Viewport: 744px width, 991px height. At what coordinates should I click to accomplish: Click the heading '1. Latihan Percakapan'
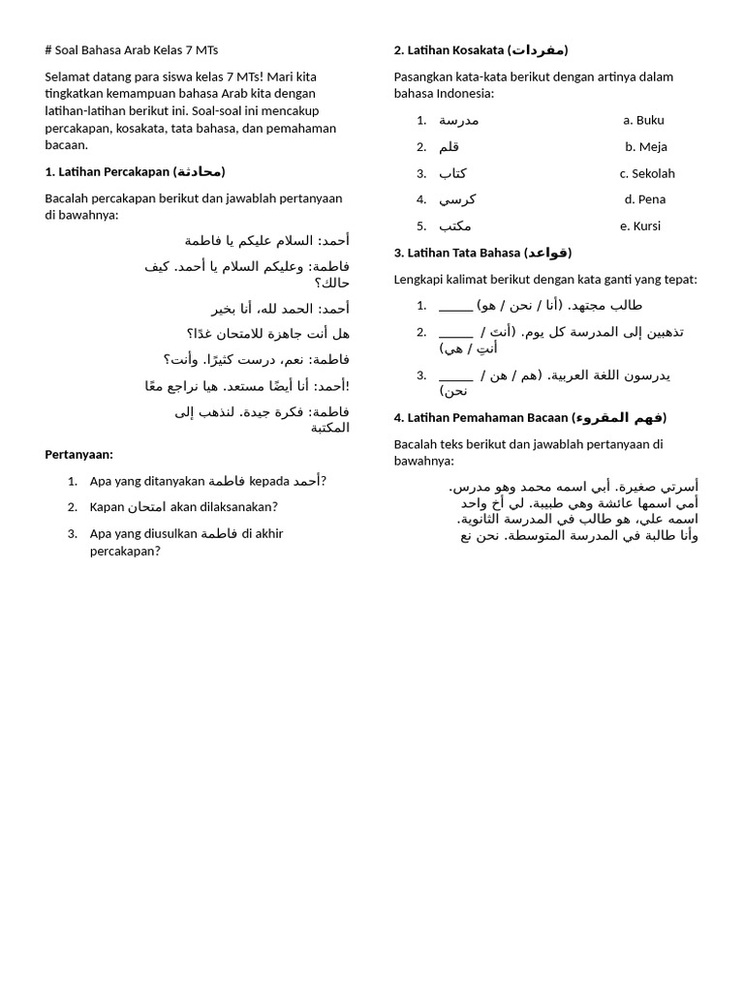(135, 171)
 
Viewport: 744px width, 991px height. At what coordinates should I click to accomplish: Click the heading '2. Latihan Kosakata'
(480, 49)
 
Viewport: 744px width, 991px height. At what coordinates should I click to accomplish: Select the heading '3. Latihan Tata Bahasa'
(482, 253)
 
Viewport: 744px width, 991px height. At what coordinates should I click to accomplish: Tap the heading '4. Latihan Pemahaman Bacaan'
(530, 417)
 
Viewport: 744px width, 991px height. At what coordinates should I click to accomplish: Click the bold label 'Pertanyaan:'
(78, 454)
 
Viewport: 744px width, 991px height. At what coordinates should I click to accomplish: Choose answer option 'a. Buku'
(643, 120)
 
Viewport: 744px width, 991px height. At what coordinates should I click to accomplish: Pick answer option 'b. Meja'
(645, 146)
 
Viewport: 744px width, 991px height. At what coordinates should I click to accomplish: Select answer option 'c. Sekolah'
(647, 173)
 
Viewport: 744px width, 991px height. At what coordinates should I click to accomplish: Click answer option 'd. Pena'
(645, 199)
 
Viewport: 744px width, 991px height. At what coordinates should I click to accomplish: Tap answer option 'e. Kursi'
(640, 225)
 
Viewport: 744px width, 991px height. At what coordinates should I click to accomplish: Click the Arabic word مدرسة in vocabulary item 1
(458, 120)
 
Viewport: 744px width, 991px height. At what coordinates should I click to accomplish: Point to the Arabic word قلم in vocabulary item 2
(449, 146)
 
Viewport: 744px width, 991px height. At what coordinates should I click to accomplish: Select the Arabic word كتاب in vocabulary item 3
(452, 173)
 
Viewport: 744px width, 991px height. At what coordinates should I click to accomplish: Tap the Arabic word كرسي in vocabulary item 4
(457, 199)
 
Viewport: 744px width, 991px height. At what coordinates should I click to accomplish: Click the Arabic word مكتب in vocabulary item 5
(455, 225)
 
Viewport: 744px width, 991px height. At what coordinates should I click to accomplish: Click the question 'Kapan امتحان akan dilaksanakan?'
(183, 506)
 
